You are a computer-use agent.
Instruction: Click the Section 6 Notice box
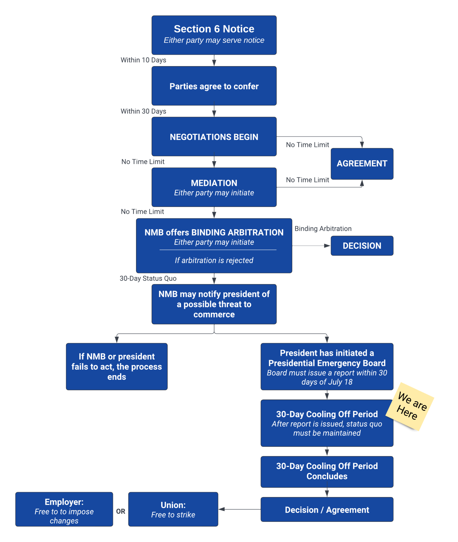[x=214, y=35]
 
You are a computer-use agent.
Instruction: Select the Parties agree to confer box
[x=214, y=86]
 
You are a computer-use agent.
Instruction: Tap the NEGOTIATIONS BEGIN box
[x=214, y=137]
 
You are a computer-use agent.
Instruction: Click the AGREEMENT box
[x=362, y=164]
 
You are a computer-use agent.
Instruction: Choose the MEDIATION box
[x=214, y=187]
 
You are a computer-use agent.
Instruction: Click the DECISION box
[x=362, y=246]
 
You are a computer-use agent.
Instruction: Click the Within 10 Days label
[x=143, y=60]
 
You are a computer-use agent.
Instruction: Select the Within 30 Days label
[x=143, y=111]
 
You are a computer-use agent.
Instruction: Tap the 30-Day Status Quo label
[x=148, y=278]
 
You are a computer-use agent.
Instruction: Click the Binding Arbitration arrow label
[x=323, y=228]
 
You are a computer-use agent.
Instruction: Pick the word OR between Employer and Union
[x=121, y=511]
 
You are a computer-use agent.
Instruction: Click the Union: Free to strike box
[x=173, y=509]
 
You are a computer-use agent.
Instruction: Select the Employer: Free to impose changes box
[x=64, y=509]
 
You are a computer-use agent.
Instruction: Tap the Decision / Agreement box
[x=327, y=509]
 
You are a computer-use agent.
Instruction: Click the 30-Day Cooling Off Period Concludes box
[x=327, y=471]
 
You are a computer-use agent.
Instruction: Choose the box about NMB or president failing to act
[x=117, y=366]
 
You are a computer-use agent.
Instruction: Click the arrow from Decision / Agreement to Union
[x=239, y=509]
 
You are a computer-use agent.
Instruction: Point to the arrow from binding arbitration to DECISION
[x=311, y=246]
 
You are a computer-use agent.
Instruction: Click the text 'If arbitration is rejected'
[x=214, y=260]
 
